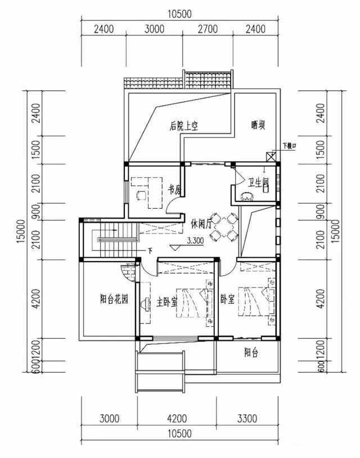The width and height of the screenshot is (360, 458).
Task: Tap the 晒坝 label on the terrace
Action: (258, 125)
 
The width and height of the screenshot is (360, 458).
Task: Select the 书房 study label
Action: (173, 190)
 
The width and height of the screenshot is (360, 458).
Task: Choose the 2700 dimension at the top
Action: (208, 29)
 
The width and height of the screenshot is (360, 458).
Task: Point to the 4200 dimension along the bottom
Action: (177, 417)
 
